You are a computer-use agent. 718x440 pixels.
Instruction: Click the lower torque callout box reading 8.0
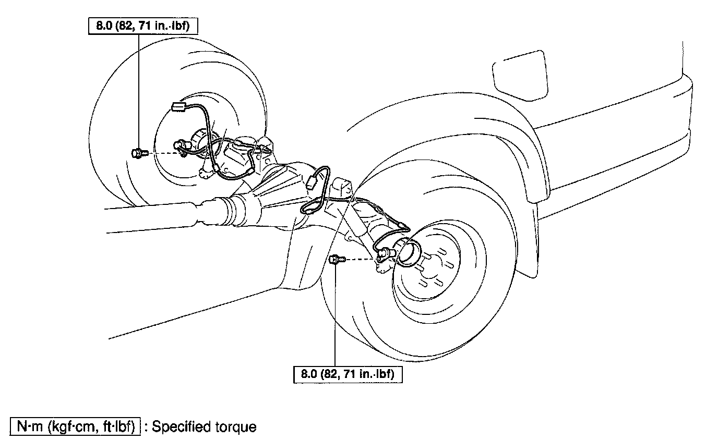tap(346, 374)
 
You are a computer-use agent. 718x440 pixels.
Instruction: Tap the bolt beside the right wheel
tap(337, 259)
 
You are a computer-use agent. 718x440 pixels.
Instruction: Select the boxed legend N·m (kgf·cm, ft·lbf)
tap(75, 427)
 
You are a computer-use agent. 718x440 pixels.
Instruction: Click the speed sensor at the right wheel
tap(385, 254)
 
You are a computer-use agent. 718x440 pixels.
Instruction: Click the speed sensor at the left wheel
tap(182, 150)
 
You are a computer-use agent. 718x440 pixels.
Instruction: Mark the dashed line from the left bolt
tap(163, 153)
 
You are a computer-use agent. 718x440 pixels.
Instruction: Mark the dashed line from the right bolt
tap(360, 258)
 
